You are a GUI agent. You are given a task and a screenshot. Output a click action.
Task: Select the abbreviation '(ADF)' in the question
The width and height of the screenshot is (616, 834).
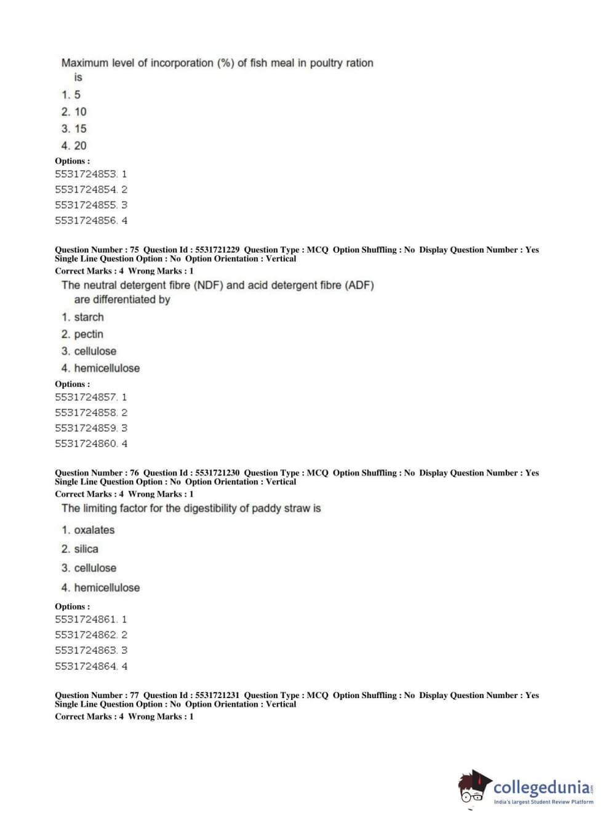coord(359,285)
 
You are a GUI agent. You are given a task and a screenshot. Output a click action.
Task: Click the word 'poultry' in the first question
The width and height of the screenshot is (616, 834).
coord(327,63)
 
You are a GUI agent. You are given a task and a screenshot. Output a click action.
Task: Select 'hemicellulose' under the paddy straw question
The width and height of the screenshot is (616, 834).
coord(106,588)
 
